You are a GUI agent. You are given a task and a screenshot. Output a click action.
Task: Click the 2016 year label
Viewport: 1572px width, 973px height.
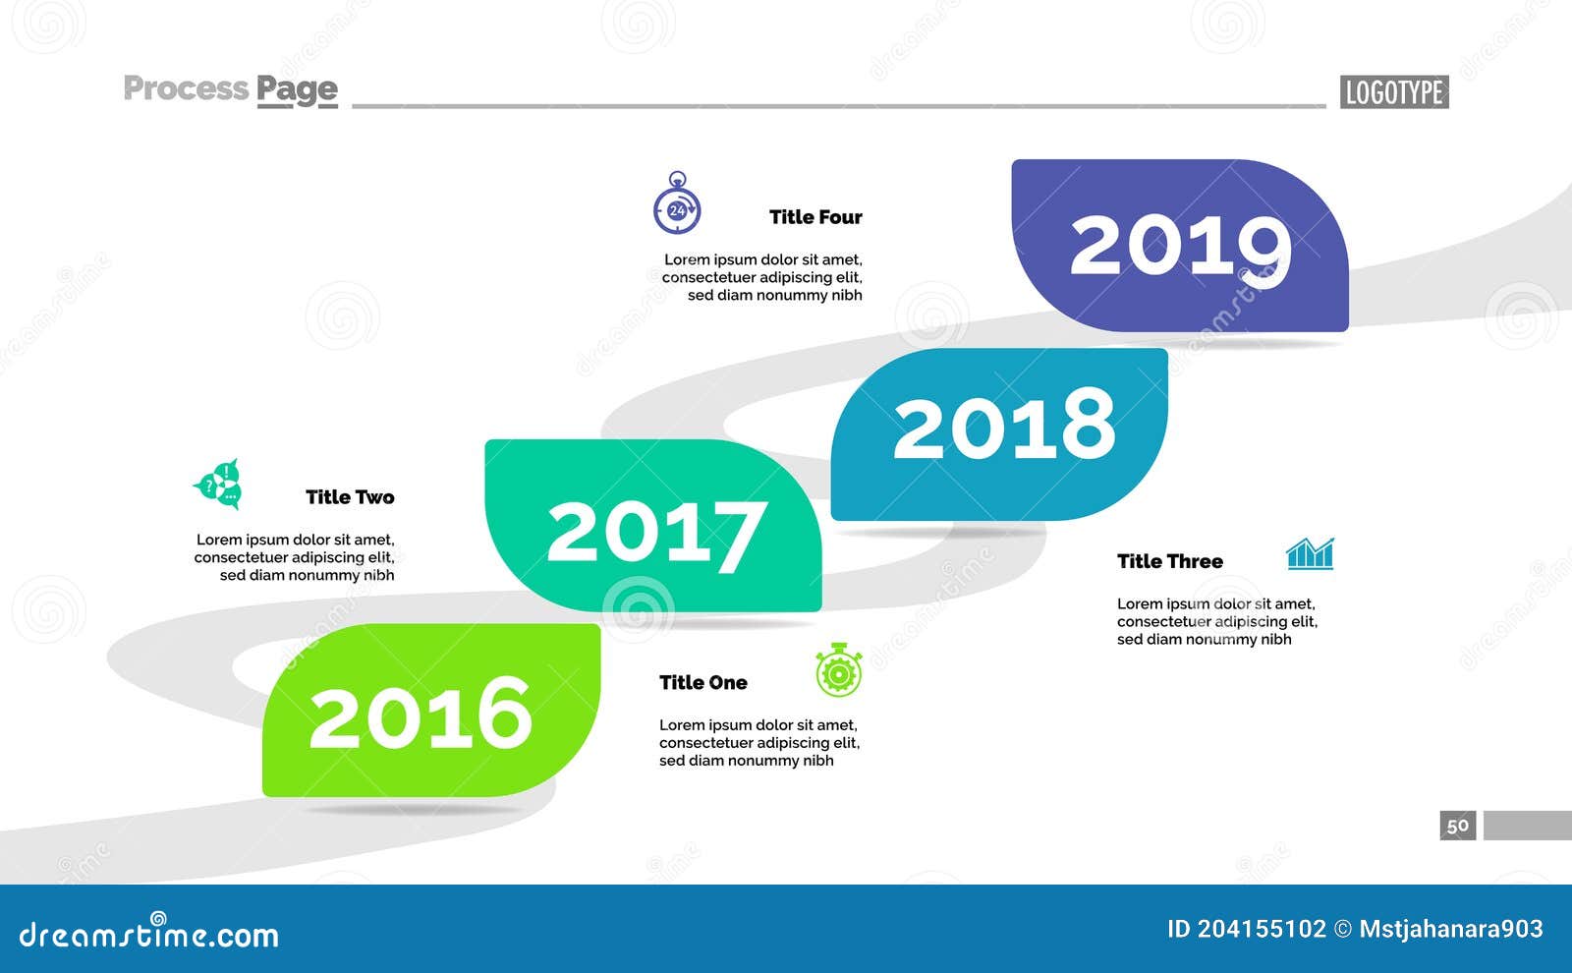(x=421, y=713)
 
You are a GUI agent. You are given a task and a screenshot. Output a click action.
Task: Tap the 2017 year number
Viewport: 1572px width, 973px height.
(x=656, y=532)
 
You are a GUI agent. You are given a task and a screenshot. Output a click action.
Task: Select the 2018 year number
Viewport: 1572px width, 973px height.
(x=1004, y=426)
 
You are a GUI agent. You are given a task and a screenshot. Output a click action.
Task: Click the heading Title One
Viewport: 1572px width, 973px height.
(x=702, y=682)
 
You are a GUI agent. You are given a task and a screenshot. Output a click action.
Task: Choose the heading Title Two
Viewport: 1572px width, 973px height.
(x=349, y=497)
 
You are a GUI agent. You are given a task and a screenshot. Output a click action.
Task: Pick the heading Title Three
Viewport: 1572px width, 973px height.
(x=1169, y=561)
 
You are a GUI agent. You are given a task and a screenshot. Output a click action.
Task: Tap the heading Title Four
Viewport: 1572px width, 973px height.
(x=815, y=217)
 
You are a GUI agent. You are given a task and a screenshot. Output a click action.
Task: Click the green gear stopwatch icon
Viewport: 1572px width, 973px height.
(x=839, y=671)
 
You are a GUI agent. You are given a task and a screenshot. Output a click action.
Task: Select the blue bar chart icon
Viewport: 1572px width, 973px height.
(x=1311, y=554)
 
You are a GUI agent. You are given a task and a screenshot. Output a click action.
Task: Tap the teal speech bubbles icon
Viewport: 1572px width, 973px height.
(x=219, y=484)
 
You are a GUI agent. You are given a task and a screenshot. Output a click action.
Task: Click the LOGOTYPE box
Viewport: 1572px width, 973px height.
(x=1393, y=92)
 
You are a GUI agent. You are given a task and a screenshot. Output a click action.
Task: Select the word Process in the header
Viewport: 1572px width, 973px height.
(x=186, y=88)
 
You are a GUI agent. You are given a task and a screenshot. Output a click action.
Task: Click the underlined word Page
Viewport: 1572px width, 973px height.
(x=297, y=89)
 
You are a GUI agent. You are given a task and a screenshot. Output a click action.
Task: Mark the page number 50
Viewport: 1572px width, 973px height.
(x=1458, y=826)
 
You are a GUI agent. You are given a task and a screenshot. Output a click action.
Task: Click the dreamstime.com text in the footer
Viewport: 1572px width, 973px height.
(x=148, y=934)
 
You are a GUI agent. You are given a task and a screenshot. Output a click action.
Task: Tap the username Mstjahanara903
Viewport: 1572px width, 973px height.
(x=1450, y=929)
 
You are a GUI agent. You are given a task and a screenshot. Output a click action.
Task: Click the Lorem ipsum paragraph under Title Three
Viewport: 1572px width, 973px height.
(x=1216, y=621)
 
